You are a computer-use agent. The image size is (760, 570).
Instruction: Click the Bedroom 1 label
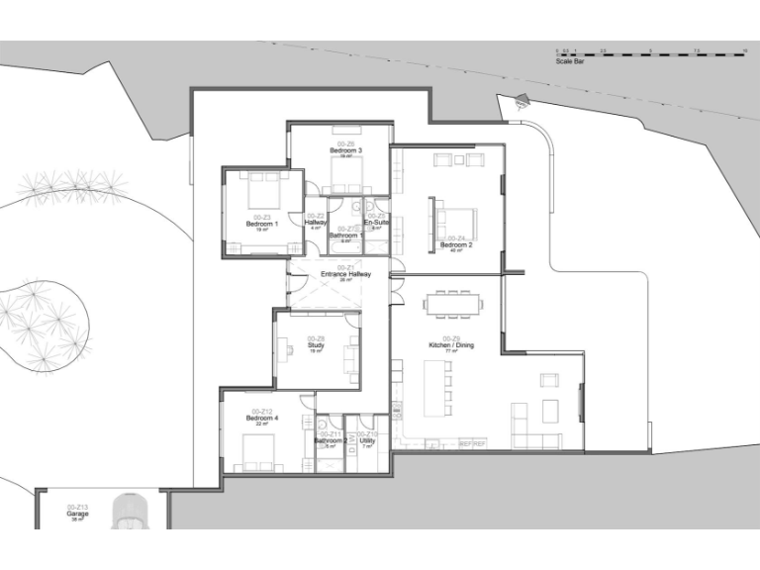[x=262, y=224]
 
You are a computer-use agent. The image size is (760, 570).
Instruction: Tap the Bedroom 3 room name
[x=346, y=150]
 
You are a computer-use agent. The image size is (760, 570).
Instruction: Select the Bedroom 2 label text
[x=456, y=244]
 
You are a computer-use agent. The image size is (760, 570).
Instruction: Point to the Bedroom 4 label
[x=262, y=418]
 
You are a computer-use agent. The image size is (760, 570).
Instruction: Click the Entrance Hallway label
[x=345, y=274]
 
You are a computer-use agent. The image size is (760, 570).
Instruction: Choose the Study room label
[x=317, y=345]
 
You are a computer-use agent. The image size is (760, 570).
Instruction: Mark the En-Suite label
[x=376, y=223]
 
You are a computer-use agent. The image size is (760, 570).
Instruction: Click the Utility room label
[x=367, y=440]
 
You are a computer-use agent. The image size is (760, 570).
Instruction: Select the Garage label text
[x=77, y=515]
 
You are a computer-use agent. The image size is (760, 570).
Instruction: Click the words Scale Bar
[x=571, y=61]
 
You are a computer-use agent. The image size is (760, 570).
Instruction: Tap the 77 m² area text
[x=451, y=351]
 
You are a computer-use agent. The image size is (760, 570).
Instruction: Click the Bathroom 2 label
[x=330, y=440]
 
